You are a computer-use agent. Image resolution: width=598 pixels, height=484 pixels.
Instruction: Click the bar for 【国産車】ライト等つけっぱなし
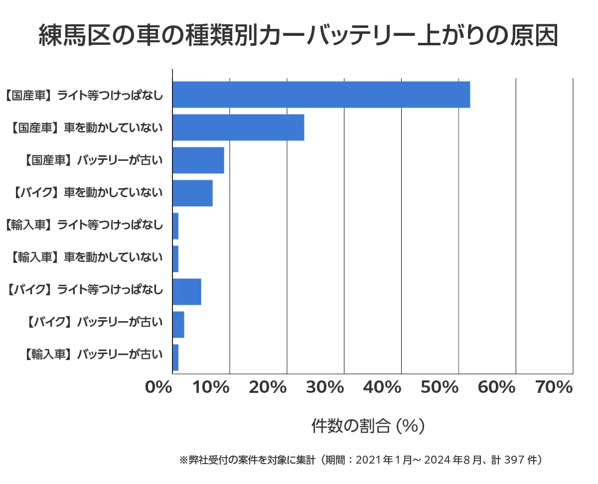point(321,94)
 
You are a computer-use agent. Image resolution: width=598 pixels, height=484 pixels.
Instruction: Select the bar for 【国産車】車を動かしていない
point(238,127)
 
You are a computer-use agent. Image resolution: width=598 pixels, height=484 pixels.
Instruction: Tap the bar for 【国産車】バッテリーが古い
point(198,160)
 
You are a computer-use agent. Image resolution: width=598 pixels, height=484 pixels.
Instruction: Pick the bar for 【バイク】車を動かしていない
point(192,193)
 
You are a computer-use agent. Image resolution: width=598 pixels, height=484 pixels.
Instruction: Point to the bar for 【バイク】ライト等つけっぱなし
point(186,291)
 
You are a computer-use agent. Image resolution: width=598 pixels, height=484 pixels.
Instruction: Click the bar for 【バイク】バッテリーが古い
point(178,324)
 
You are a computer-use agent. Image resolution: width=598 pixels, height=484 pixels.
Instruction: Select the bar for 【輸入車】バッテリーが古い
point(175,357)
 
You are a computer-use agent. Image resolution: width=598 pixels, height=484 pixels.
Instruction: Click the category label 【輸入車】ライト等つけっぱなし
point(83,225)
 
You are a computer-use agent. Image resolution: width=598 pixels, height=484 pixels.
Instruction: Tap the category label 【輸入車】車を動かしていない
point(86,258)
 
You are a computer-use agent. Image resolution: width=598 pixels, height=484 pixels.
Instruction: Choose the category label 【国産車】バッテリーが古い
point(93,160)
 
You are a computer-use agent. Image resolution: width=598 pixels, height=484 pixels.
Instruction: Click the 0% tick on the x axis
point(158,387)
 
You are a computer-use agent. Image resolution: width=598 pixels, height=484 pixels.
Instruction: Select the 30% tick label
point(324,387)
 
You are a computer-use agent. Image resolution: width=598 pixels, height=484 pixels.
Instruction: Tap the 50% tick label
point(439,387)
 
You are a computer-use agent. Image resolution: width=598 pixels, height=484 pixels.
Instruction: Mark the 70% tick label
point(554,387)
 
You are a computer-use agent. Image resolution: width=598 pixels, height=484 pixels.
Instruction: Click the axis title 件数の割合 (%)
point(368,426)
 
